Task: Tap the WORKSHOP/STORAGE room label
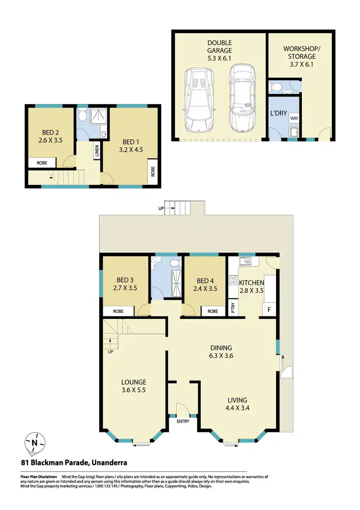[299, 52]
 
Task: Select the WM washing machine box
[294, 117]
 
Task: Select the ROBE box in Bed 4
[212, 311]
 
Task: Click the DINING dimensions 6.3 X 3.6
[220, 356]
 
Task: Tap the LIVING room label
[237, 400]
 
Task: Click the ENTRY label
[183, 422]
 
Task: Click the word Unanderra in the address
[109, 463]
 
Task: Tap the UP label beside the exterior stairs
[161, 208]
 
